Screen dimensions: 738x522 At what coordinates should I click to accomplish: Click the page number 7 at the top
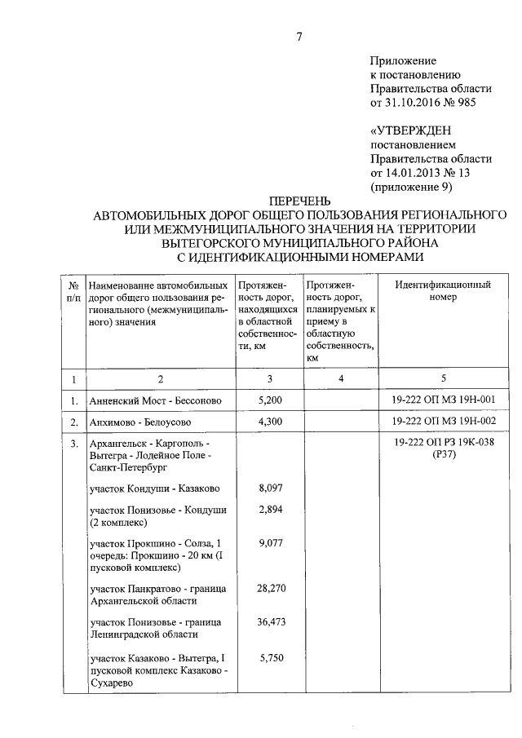tap(299, 36)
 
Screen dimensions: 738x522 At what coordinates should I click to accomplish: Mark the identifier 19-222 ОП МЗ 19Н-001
tap(443, 400)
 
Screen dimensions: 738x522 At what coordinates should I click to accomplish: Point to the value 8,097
tap(270, 488)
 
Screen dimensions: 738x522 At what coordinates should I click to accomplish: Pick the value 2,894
tap(270, 510)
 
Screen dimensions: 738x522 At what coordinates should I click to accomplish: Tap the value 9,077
tap(270, 543)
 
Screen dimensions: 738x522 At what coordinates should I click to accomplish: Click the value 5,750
tap(270, 658)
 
